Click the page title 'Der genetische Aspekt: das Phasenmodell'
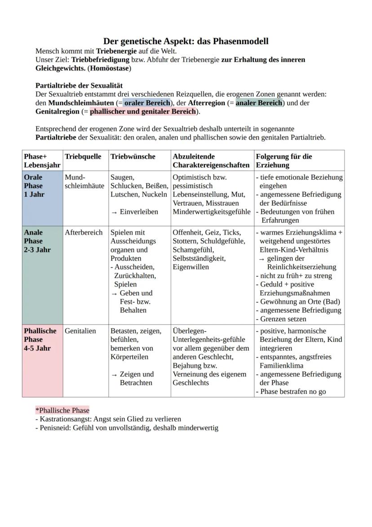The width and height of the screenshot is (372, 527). (x=186, y=41)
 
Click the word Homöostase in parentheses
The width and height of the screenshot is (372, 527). (x=110, y=68)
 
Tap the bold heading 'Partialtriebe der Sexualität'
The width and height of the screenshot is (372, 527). (x=79, y=86)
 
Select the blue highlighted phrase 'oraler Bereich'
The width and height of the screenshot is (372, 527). (x=147, y=103)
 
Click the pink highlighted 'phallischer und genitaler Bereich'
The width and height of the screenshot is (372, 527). (x=144, y=112)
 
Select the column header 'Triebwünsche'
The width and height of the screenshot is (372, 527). (x=133, y=157)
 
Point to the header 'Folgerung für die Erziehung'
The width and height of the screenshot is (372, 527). (x=283, y=161)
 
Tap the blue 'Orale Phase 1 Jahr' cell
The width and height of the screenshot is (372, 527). (x=42, y=198)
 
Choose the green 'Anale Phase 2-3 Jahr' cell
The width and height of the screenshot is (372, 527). (x=42, y=275)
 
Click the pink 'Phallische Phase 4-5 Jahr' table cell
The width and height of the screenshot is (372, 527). (x=42, y=360)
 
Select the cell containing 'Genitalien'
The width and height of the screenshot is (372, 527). (x=80, y=331)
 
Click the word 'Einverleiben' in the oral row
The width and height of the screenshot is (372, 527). (x=139, y=212)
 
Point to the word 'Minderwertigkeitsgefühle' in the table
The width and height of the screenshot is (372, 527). (x=211, y=212)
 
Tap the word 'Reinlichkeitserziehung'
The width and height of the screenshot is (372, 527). (x=301, y=267)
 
